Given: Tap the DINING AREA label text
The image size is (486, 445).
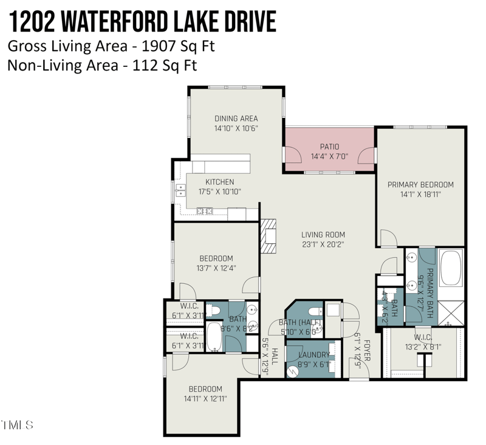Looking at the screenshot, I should (236, 119).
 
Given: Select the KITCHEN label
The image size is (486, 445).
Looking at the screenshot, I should (219, 182).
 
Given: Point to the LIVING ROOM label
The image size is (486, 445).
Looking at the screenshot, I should (323, 235).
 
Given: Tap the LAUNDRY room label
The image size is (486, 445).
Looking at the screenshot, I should (313, 355).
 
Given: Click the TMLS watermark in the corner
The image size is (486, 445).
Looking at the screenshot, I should (18, 424).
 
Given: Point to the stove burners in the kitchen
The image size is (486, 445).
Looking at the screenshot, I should (204, 211).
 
